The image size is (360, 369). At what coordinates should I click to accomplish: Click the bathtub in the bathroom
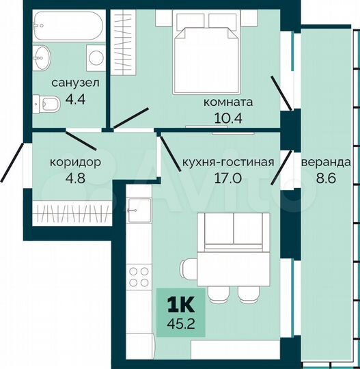click(x=67, y=27)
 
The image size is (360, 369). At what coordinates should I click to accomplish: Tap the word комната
click(x=228, y=103)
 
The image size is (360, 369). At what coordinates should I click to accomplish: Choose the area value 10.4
click(x=229, y=118)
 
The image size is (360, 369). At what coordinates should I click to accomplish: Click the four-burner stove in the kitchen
click(x=139, y=277)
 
